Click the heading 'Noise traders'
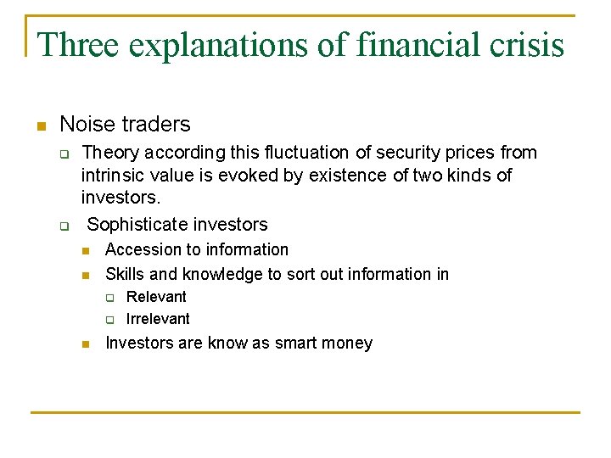point(125,124)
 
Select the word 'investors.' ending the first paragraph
point(121,197)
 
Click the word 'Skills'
point(124,274)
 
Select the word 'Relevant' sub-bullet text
point(156,297)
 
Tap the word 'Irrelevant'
point(158,319)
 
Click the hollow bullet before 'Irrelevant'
point(109,320)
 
